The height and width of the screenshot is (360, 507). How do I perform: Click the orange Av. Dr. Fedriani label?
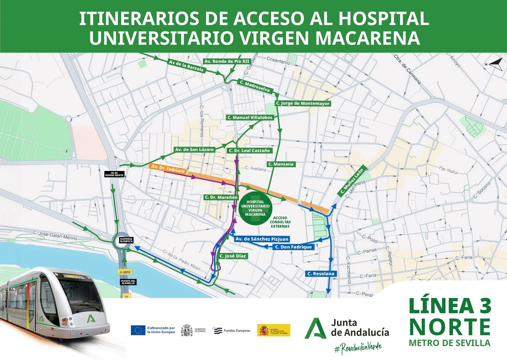[168, 168]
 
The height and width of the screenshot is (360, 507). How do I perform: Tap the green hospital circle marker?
[255, 208]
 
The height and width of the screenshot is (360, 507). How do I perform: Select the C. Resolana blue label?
[321, 273]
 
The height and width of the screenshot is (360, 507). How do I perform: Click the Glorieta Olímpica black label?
[126, 240]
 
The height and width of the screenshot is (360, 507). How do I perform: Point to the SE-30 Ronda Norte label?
[114, 174]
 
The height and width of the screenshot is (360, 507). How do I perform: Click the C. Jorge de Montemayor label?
[303, 103]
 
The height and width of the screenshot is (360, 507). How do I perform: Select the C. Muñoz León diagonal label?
[352, 181]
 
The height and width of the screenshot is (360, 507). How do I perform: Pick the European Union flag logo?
[138, 330]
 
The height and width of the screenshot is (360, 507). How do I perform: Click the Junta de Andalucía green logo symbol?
[315, 328]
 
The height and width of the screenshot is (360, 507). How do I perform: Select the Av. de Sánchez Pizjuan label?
[262, 239]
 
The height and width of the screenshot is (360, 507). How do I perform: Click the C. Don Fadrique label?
[293, 247]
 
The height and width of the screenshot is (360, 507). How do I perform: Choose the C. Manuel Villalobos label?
[250, 117]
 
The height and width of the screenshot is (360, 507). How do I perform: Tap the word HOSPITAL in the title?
[383, 19]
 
